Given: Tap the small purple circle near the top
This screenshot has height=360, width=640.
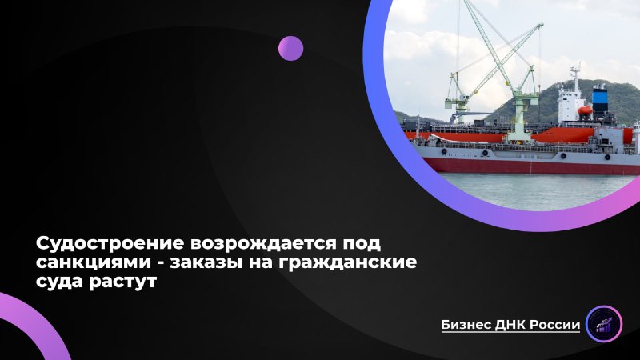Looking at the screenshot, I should (x=290, y=48).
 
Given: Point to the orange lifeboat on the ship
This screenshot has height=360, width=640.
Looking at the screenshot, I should (x=586, y=110).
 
